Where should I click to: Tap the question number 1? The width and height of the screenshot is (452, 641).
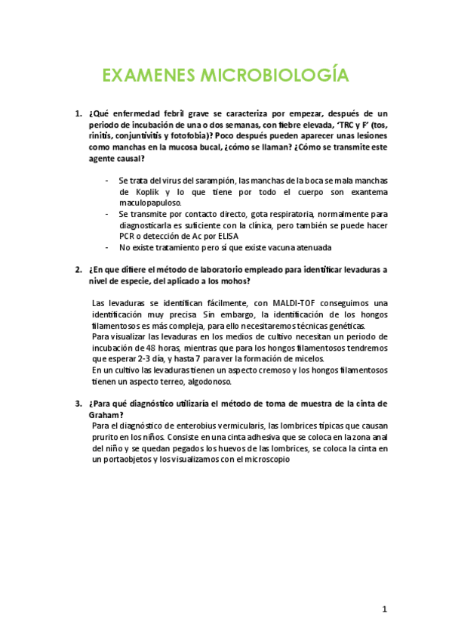[78, 114]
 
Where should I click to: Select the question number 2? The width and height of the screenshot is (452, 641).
[78, 269]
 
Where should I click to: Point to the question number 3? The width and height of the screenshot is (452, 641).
[78, 404]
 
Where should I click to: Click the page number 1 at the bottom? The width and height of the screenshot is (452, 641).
[385, 608]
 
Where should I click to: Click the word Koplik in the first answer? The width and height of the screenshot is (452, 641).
[137, 192]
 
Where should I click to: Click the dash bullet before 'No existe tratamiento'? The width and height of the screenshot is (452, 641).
[107, 248]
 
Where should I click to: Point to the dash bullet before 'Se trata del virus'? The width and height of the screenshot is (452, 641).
[107, 181]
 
